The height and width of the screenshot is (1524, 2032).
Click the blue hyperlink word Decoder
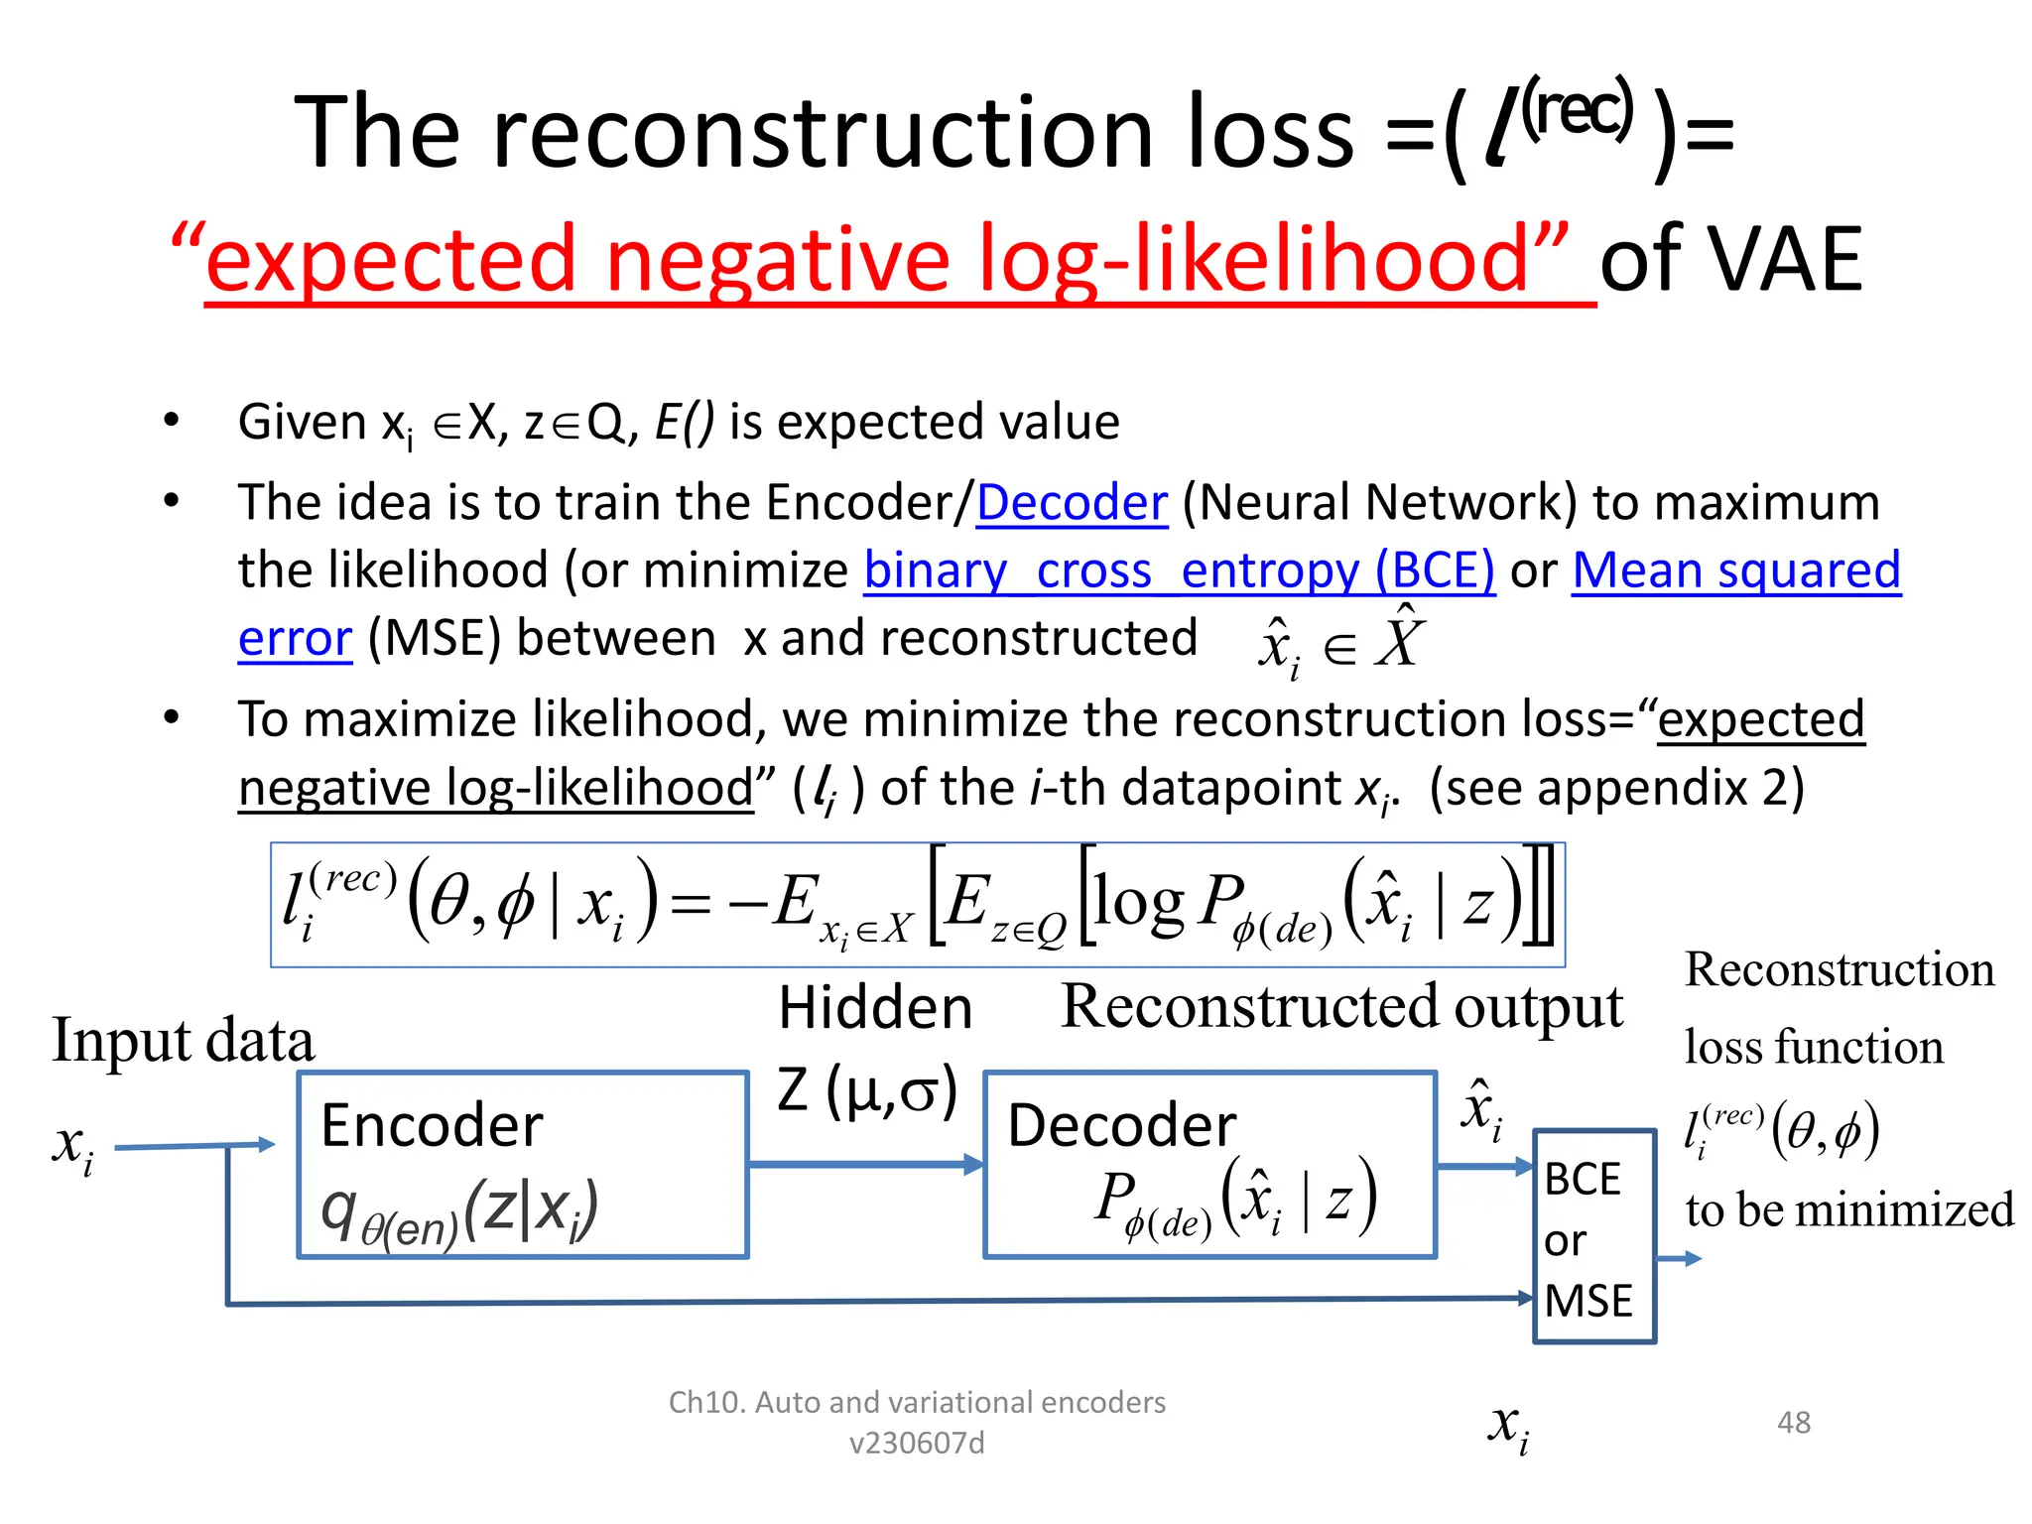(1072, 503)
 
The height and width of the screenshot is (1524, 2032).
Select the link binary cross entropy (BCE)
(1179, 571)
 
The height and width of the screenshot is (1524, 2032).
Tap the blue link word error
(295, 639)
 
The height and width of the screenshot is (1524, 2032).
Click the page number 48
(1793, 1423)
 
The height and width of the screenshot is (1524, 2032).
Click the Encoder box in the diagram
(523, 1165)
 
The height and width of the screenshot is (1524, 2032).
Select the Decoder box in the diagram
(1209, 1165)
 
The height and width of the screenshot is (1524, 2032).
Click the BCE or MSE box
(1593, 1236)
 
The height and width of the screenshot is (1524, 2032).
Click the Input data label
(184, 1041)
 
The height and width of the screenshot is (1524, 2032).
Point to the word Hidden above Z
(875, 1009)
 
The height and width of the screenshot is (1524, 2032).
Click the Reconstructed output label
(1341, 1007)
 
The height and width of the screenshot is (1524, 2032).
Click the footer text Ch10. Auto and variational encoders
(917, 1402)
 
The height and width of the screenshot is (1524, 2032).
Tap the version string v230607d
(917, 1443)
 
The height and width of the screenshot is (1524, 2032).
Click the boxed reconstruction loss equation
(917, 904)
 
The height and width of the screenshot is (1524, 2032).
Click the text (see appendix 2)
(1616, 789)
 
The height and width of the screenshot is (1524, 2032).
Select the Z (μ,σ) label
(867, 1089)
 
